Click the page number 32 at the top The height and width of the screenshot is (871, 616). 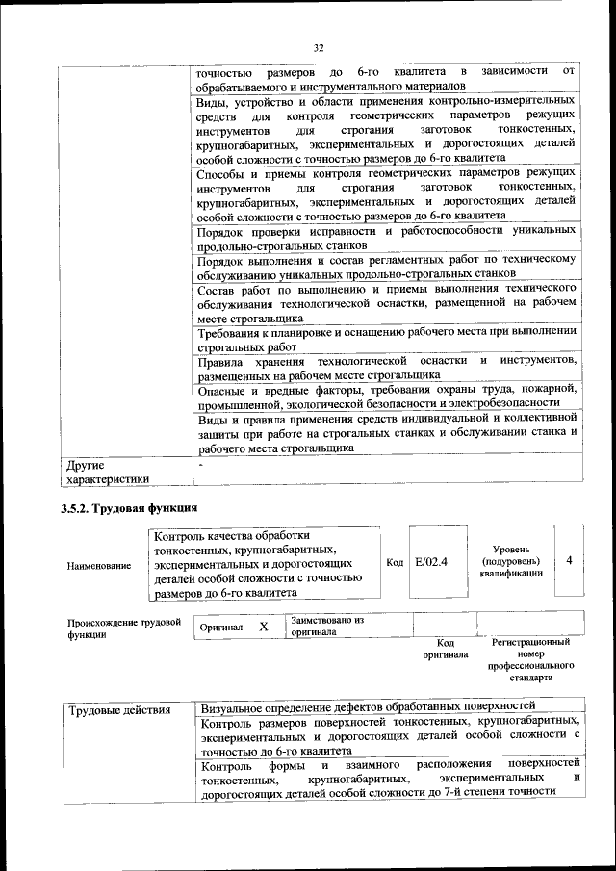tap(319, 46)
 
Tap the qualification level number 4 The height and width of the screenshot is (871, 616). tap(570, 560)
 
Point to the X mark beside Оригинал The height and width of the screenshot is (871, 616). tap(263, 627)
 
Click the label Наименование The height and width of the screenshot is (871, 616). tap(99, 566)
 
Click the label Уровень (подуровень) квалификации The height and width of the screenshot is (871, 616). tap(511, 560)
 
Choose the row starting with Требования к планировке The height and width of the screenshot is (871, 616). tap(387, 339)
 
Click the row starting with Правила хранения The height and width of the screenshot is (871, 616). tap(387, 368)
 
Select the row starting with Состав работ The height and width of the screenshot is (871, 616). tap(387, 302)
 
